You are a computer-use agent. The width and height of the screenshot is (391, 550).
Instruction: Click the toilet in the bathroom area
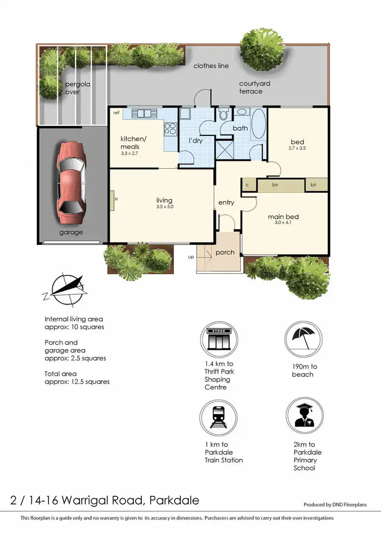click(223, 114)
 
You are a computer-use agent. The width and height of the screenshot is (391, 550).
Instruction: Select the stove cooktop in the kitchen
click(170, 127)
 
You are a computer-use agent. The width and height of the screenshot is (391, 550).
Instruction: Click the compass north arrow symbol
click(66, 289)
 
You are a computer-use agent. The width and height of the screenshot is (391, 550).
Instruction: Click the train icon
click(218, 417)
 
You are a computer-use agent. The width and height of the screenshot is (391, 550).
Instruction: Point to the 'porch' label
click(225, 253)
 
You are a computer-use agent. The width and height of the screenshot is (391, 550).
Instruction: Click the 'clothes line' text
click(211, 66)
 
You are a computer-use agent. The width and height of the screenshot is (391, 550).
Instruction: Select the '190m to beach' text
click(304, 370)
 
